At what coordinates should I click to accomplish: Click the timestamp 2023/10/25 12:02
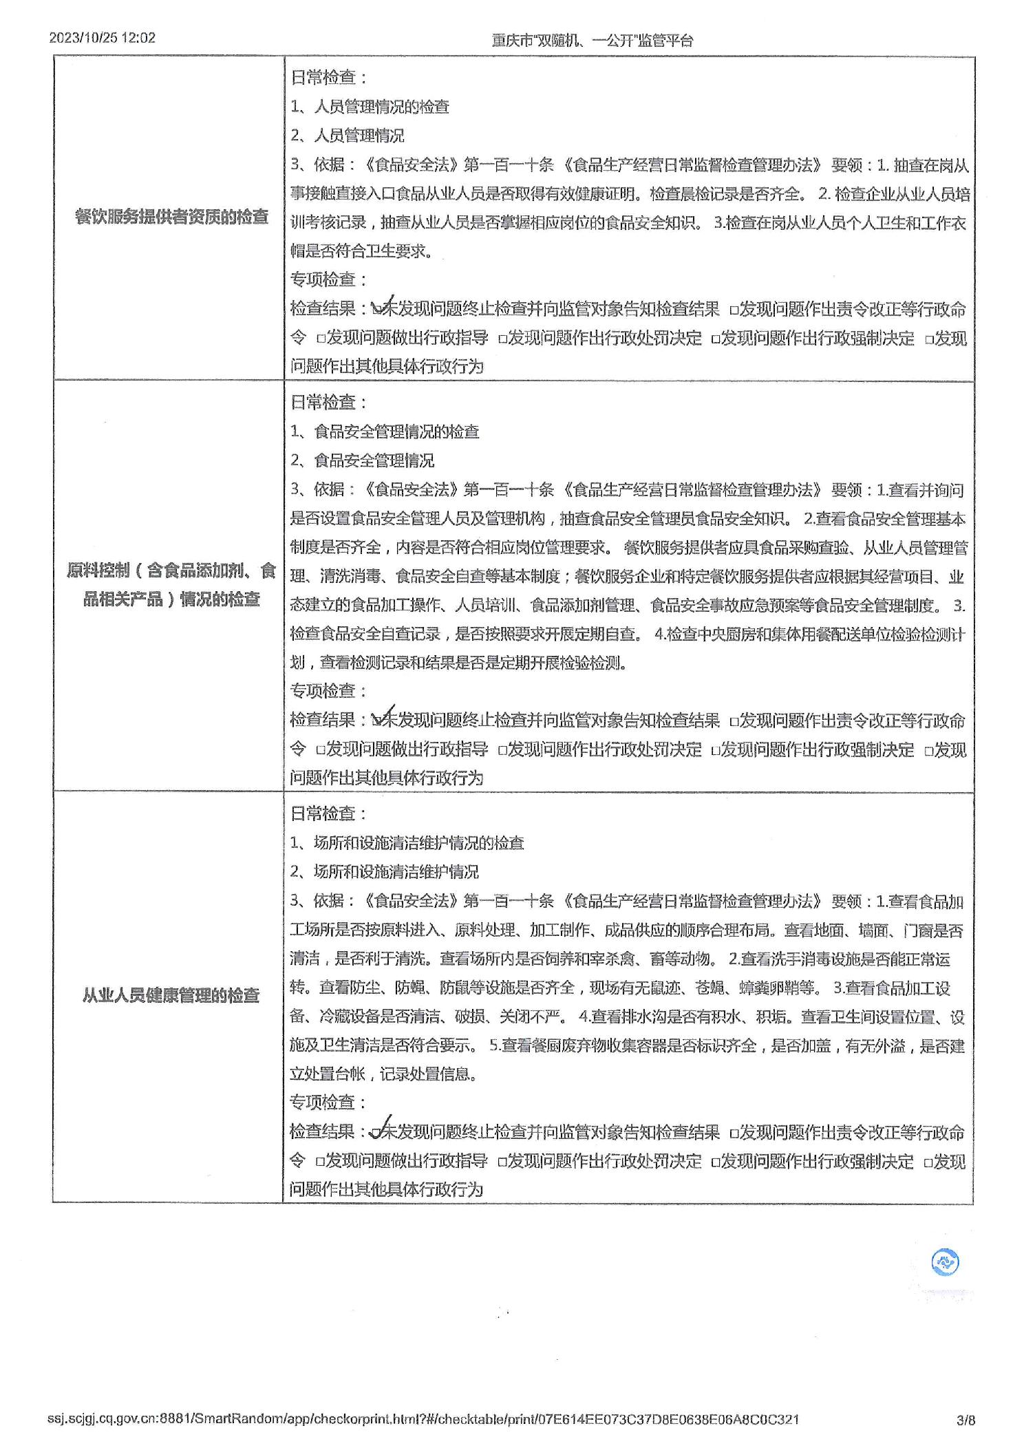[103, 38]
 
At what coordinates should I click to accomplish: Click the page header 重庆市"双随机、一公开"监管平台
[592, 40]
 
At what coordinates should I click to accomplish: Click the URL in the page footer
[423, 1419]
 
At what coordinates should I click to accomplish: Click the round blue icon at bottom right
[945, 1262]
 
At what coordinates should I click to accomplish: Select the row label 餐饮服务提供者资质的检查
[171, 217]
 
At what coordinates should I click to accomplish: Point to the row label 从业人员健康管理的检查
[171, 995]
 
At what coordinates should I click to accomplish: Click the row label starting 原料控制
[171, 585]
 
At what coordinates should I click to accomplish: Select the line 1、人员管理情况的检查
[370, 107]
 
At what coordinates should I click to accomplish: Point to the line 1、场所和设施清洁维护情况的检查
[407, 843]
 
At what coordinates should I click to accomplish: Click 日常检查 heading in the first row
[328, 77]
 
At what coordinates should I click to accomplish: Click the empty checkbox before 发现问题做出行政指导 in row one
[321, 339]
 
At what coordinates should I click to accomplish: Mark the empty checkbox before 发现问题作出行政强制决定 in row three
[716, 1162]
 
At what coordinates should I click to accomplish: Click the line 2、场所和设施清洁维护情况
[384, 872]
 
